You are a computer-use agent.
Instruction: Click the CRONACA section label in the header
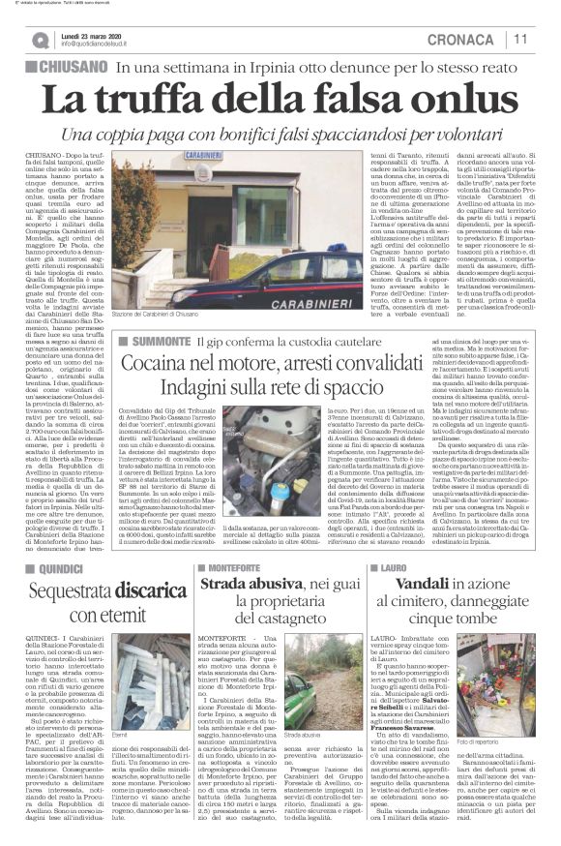click(480, 39)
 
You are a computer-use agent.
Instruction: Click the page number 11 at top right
click(541, 39)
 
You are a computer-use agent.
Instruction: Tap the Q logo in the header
click(40, 40)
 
